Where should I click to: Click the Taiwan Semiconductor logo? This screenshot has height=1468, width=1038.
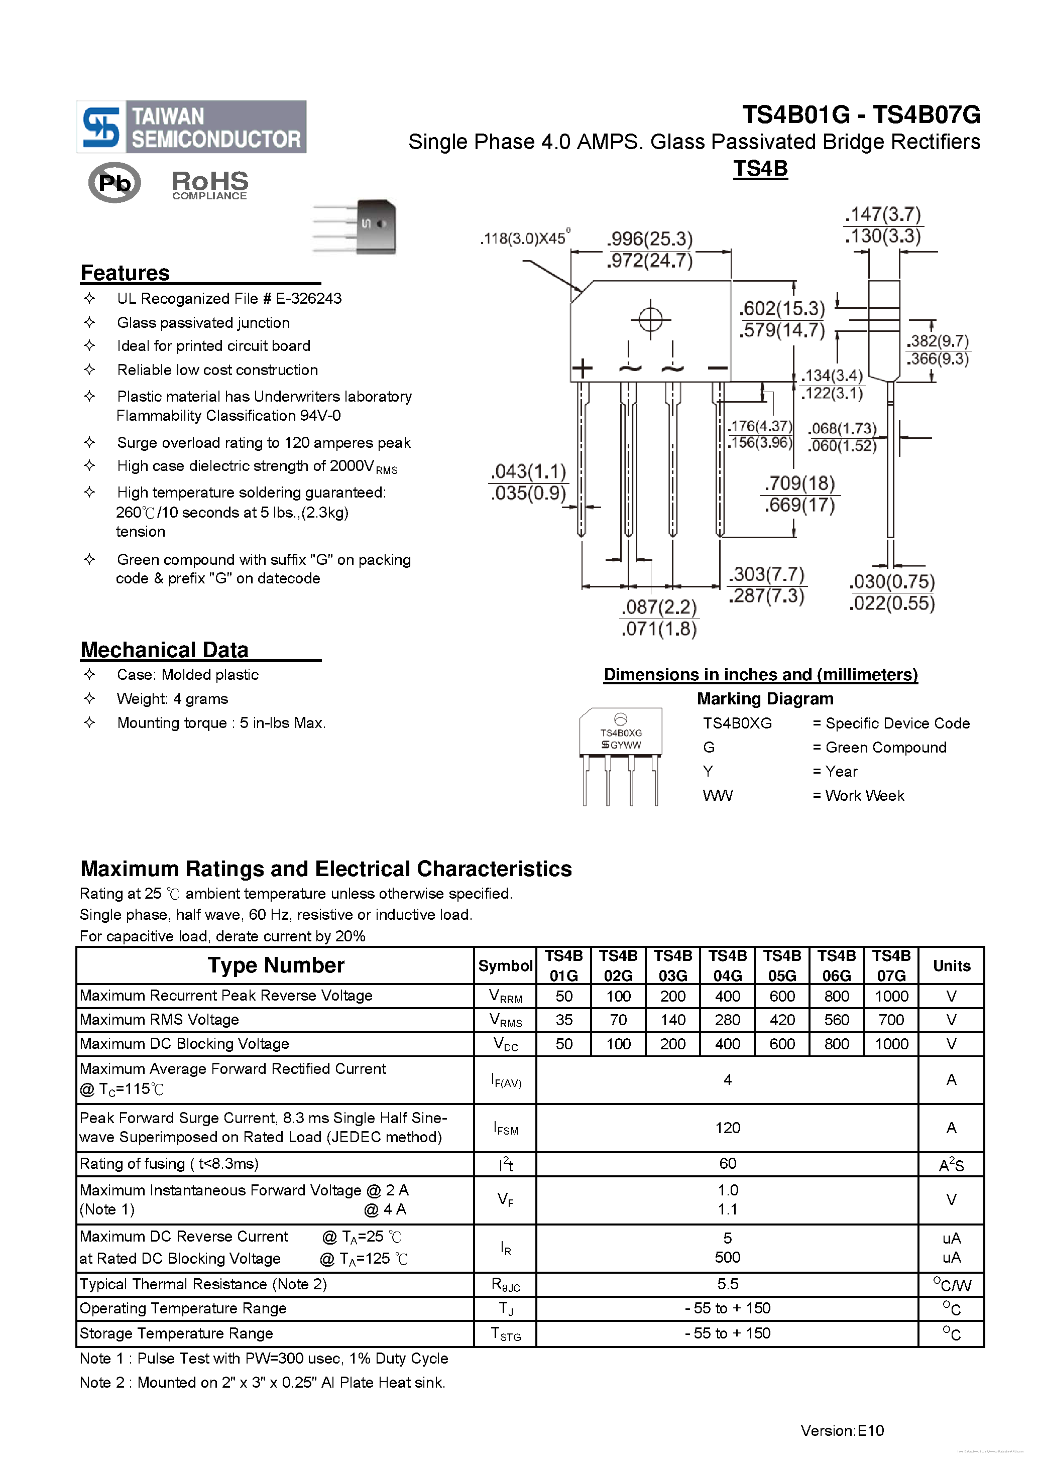click(191, 127)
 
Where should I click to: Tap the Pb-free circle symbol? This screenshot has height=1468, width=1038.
click(114, 183)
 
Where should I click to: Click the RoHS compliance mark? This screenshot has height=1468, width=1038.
click(210, 185)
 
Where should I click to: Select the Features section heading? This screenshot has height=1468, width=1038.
click(126, 273)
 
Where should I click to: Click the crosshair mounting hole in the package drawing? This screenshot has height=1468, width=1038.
click(650, 319)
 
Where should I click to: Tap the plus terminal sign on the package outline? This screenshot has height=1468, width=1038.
click(582, 369)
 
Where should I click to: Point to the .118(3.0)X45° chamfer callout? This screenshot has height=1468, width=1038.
click(524, 238)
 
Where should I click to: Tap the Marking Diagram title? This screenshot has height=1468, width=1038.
click(765, 698)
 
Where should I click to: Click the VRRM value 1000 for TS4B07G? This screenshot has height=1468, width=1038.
click(891, 996)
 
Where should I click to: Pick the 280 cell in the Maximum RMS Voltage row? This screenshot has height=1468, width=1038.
click(727, 1020)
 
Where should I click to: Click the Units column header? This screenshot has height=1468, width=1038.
click(951, 965)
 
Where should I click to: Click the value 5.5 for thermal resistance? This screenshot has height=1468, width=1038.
click(727, 1284)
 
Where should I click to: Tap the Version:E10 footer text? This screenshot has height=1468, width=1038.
click(842, 1430)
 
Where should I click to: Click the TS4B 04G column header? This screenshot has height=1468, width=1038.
click(727, 965)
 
